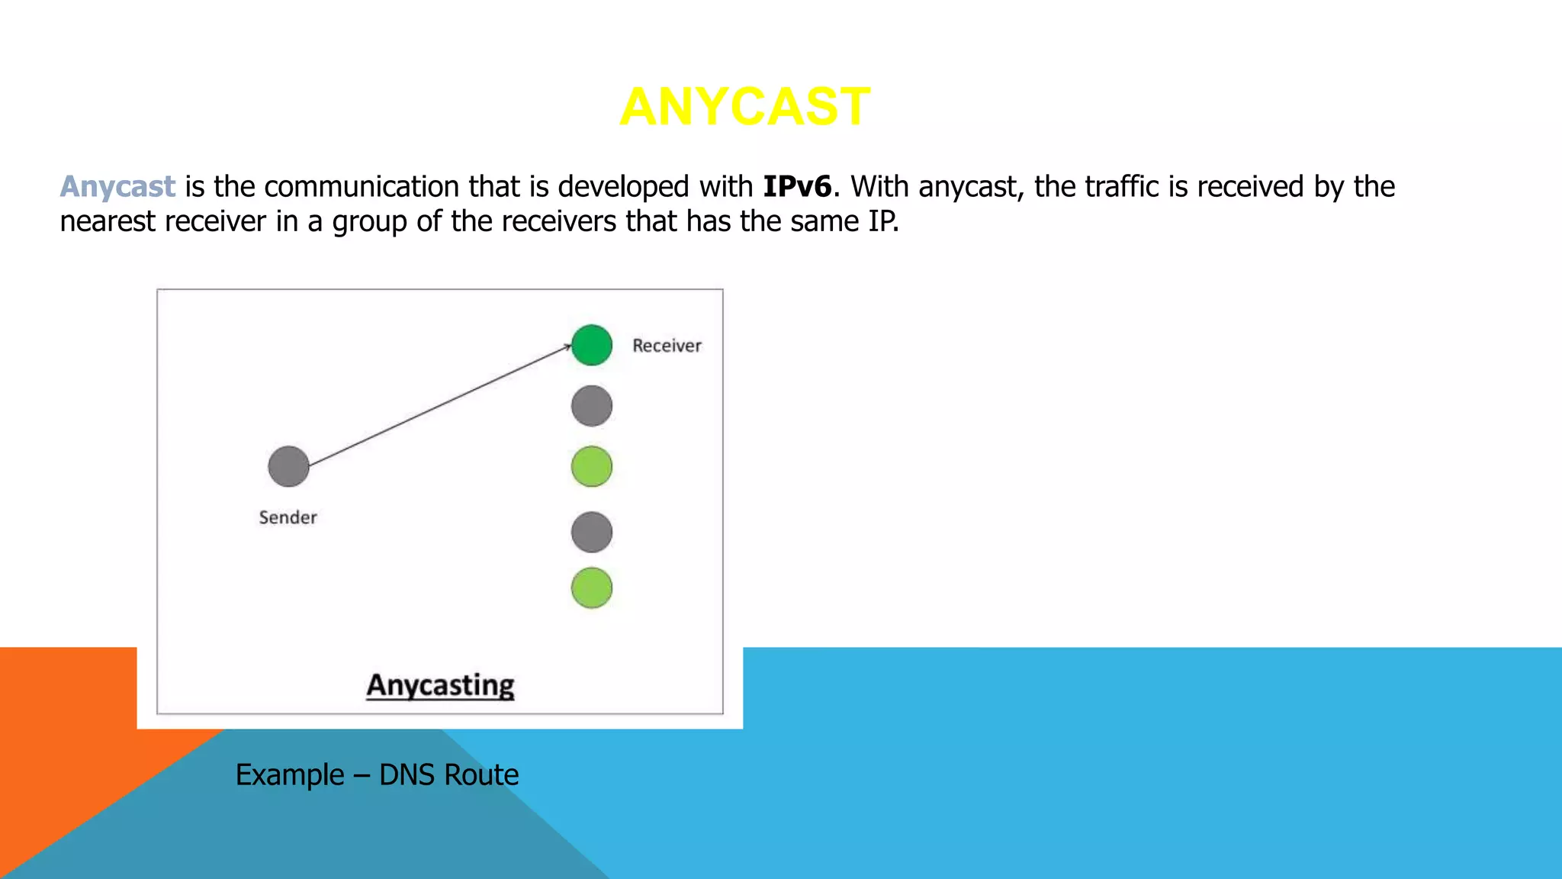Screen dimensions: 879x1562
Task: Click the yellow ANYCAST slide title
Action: tap(744, 107)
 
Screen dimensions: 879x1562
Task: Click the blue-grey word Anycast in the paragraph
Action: tap(117, 187)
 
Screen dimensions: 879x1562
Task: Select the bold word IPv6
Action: tap(796, 187)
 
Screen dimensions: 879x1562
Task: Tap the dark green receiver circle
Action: tap(591, 345)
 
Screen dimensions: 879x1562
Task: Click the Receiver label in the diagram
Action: tap(666, 346)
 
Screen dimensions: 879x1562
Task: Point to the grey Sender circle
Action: tap(288, 466)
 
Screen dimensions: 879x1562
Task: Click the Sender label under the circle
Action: tap(288, 517)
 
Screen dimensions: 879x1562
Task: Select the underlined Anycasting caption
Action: tap(440, 685)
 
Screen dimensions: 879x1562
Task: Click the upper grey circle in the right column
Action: tap(591, 405)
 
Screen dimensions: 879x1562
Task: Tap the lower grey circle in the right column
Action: tap(591, 532)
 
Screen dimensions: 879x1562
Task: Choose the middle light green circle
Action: tap(591, 466)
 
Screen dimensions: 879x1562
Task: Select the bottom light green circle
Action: tap(591, 588)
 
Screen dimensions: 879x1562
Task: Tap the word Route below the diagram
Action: tap(481, 775)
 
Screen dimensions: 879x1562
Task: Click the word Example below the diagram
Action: tap(290, 775)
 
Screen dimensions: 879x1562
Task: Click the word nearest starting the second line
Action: tap(108, 222)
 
